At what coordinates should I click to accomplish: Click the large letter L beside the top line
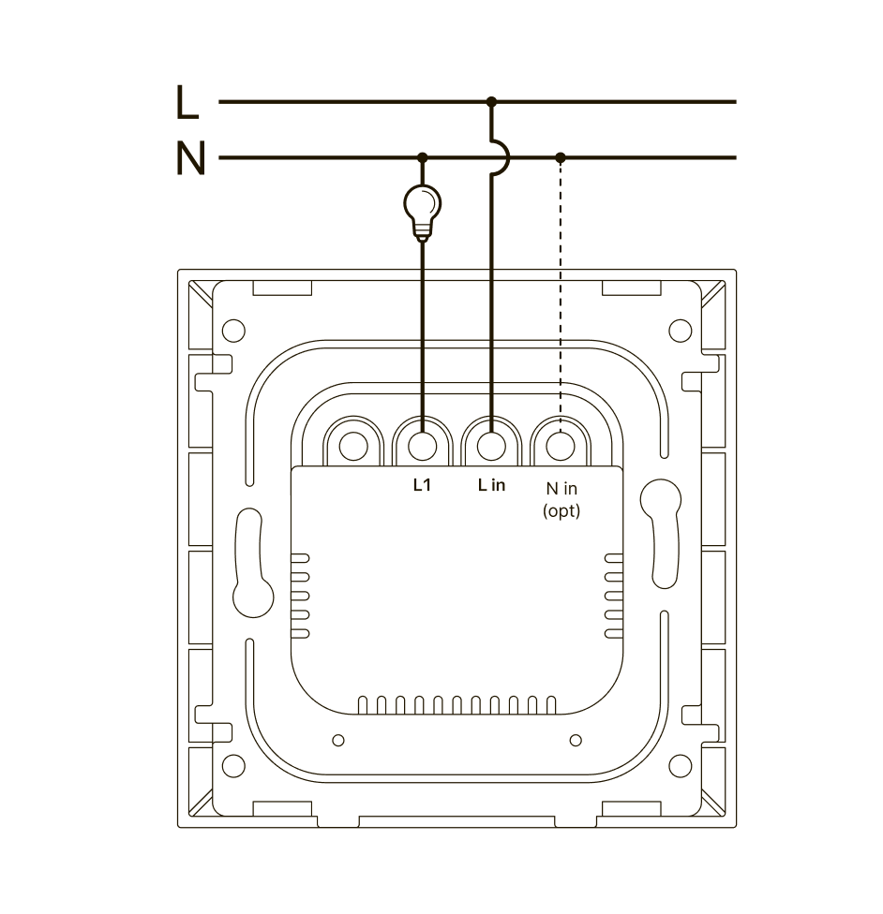[x=187, y=102]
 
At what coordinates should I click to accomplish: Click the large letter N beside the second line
[x=190, y=157]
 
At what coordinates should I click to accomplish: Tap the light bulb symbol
[x=423, y=213]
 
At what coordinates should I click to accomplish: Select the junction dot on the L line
[x=491, y=102]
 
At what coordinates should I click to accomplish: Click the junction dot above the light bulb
[x=423, y=157]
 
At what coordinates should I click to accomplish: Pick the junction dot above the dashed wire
[x=561, y=157]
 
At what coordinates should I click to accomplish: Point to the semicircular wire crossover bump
[x=501, y=157]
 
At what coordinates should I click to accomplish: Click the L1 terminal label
[x=422, y=485]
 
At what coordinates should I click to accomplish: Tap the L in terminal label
[x=491, y=485]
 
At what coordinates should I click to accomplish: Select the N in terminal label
[x=561, y=489]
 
